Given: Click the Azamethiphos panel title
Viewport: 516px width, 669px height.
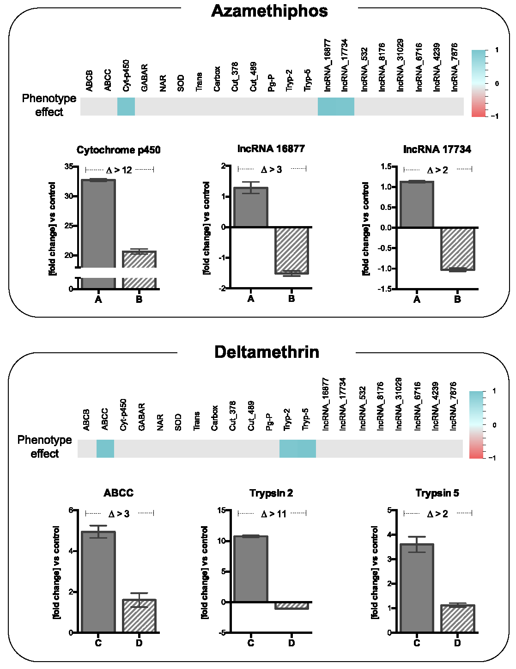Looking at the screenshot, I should coord(269,11).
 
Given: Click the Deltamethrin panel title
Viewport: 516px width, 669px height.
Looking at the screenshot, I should coord(267,352).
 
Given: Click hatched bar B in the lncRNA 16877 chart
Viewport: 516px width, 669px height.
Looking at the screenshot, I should coord(291,250).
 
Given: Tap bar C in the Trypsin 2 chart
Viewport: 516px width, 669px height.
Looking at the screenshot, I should coord(251,569).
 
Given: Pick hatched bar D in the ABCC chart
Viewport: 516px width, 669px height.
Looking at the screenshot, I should coord(139,616).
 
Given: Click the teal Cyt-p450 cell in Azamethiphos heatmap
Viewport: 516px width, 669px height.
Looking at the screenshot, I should coord(126,106).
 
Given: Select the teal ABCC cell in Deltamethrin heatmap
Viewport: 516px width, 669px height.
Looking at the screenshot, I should coord(105,448).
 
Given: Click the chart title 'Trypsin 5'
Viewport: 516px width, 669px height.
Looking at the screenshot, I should coord(437,493).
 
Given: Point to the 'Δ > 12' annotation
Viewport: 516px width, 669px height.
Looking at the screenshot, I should coord(119,170).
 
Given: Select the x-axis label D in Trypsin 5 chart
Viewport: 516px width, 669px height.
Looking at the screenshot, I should coord(457,643).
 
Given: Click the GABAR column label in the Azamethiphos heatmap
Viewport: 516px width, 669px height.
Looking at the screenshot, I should coord(144,78).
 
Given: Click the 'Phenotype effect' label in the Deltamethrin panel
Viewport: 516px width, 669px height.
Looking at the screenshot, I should coord(45,447).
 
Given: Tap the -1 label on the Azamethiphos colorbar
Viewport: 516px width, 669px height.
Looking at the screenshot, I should coord(495,117).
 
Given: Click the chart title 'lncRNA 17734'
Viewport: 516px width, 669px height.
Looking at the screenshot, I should coord(437,149).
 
